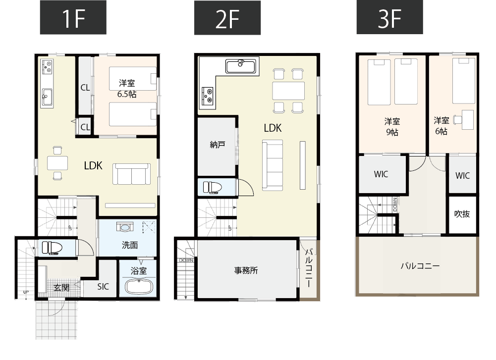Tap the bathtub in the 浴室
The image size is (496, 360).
point(138,287)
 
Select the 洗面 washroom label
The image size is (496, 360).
point(130,245)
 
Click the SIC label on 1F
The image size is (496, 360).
point(103,286)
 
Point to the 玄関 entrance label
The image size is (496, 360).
point(61,287)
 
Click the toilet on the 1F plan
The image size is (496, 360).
point(52,247)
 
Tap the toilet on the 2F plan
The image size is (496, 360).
point(213,187)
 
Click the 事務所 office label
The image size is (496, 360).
point(246,270)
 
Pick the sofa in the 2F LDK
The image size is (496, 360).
point(272,164)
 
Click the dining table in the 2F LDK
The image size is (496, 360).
point(288,91)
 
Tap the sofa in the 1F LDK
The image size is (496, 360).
point(132,174)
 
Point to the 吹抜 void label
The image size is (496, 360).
point(462,214)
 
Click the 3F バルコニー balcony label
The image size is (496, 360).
point(420,266)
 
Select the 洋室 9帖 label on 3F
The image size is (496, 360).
point(392,126)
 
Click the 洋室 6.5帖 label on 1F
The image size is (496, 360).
point(127,88)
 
